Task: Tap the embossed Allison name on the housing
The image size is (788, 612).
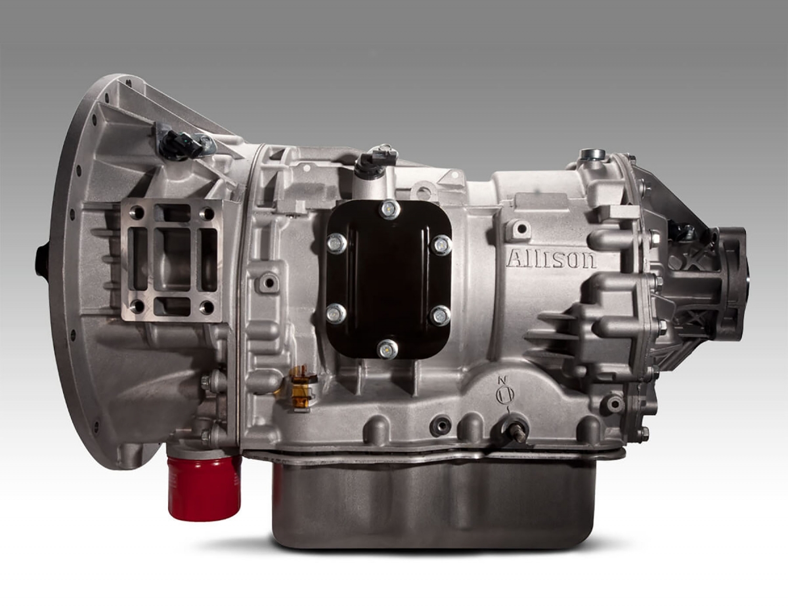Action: pos(551,258)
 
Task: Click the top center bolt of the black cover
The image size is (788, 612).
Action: pos(390,209)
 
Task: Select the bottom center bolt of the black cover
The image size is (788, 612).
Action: pos(387,350)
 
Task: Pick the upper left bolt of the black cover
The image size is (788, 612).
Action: pos(337,243)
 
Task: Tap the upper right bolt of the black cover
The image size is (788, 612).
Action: pos(442,245)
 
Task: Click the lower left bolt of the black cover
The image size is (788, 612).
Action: pos(336,314)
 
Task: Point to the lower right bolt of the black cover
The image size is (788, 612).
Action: pos(441,316)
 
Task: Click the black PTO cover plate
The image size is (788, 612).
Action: pos(389,279)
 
